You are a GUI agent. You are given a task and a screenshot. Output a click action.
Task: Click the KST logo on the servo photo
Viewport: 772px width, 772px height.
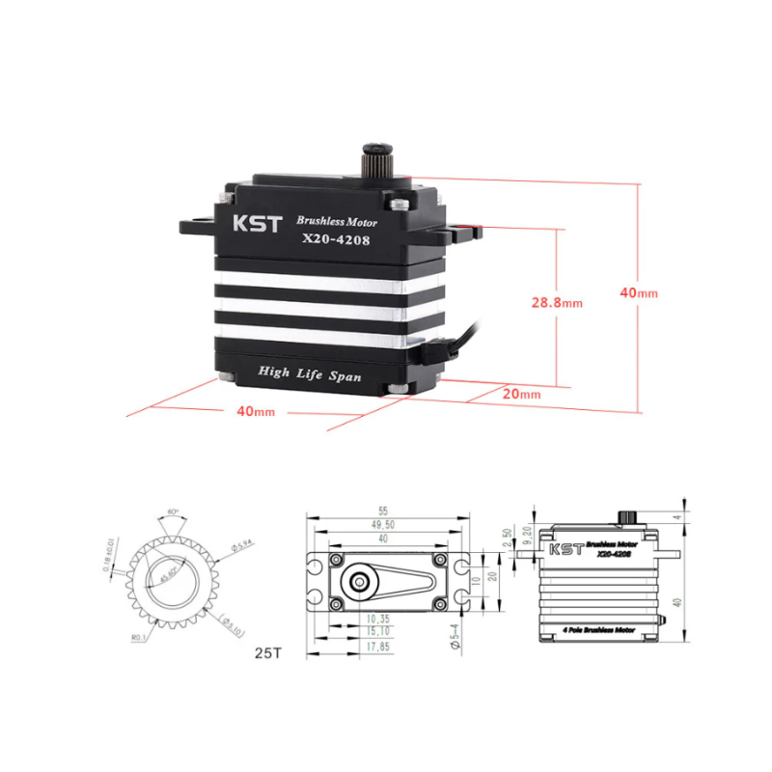pyautogui.click(x=257, y=224)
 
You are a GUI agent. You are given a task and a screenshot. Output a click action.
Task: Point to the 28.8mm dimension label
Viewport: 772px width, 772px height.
pyautogui.click(x=557, y=302)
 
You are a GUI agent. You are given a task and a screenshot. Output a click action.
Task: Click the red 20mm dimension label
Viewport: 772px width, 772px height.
pyautogui.click(x=522, y=394)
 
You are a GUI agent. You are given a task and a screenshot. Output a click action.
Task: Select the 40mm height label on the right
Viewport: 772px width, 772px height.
pyautogui.click(x=639, y=292)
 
